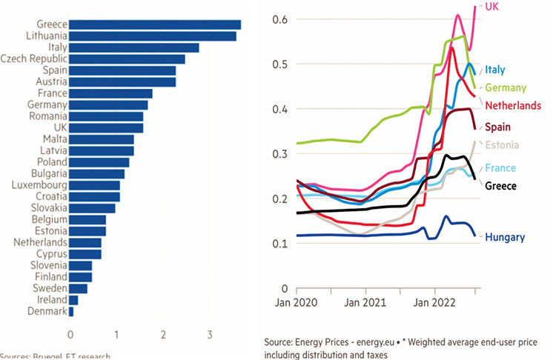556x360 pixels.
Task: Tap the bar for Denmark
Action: pos(71,312)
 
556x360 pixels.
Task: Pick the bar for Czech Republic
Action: pos(127,59)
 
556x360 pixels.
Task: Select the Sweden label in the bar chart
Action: pos(50,288)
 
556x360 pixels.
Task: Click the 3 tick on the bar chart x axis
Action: pos(210,333)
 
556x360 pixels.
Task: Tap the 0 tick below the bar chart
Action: pos(70,333)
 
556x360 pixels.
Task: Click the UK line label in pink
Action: pos(492,6)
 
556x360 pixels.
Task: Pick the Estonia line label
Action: pos(504,144)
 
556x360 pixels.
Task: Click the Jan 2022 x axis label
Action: pos(435,302)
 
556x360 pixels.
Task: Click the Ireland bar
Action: pos(73,300)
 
